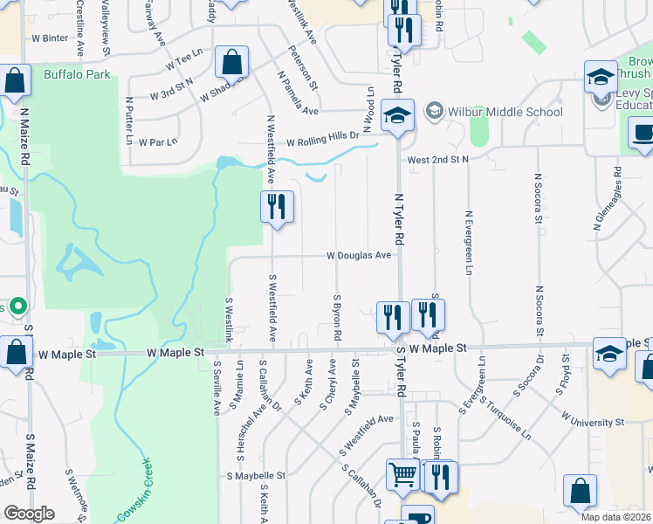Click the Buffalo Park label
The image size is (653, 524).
click(77, 75)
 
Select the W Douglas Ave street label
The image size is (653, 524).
click(359, 256)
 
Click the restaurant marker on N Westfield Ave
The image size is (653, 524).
click(277, 208)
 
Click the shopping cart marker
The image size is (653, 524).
click(402, 476)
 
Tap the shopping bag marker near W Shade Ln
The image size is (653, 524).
click(232, 63)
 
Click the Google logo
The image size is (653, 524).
click(28, 514)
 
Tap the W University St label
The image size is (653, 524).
click(593, 422)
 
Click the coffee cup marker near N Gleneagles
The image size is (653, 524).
click(643, 134)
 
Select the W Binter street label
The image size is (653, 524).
click(49, 38)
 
